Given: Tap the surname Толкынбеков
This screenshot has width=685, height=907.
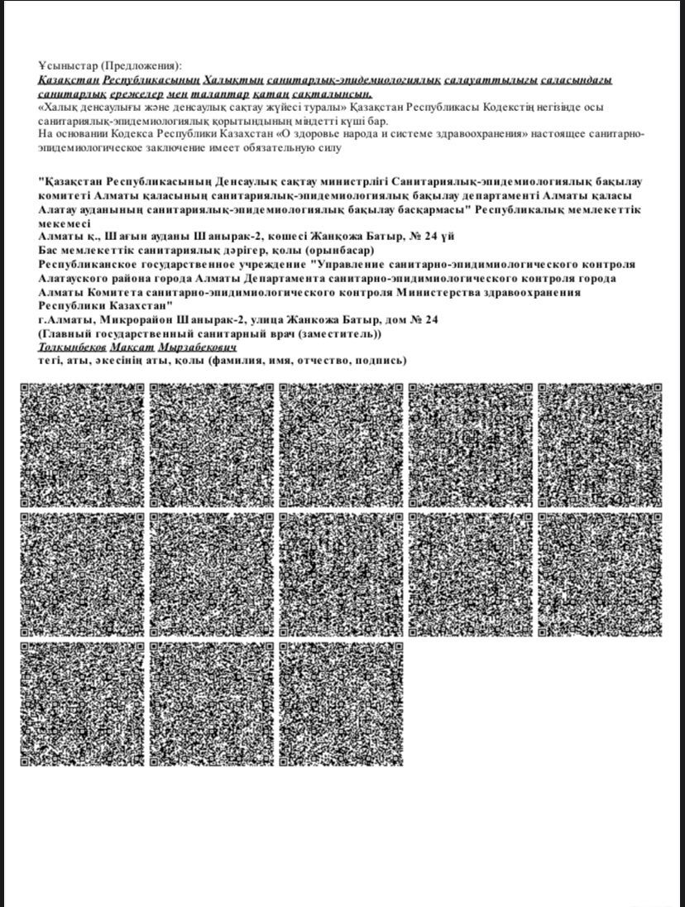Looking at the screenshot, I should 73,348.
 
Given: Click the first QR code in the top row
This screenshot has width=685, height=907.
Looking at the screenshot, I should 83,445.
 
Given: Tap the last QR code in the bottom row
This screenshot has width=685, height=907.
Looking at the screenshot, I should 341,703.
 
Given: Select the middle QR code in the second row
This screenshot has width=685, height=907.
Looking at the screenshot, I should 341,574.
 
